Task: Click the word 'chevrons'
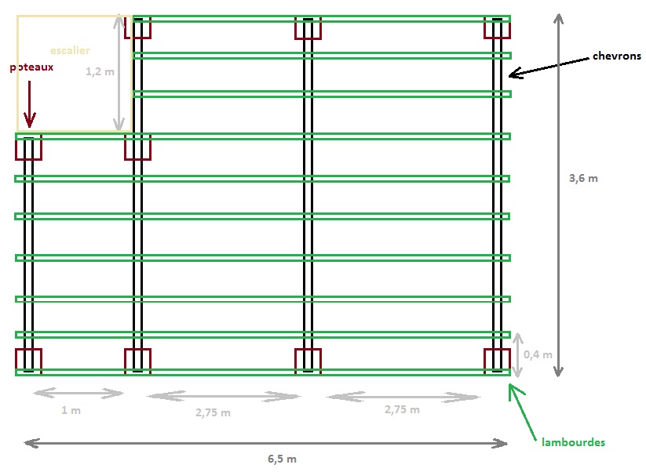click(x=617, y=56)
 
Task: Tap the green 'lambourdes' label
click(x=573, y=443)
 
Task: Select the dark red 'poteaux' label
click(x=31, y=67)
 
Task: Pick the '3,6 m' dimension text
click(x=582, y=178)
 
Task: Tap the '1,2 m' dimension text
click(x=99, y=71)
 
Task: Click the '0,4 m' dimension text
click(x=538, y=354)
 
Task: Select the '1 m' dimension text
click(x=71, y=410)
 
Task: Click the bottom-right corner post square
click(x=496, y=361)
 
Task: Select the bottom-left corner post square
click(x=28, y=361)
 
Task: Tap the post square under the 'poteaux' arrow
click(x=28, y=147)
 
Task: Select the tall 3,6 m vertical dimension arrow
click(x=557, y=196)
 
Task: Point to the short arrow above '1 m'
click(x=78, y=393)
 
